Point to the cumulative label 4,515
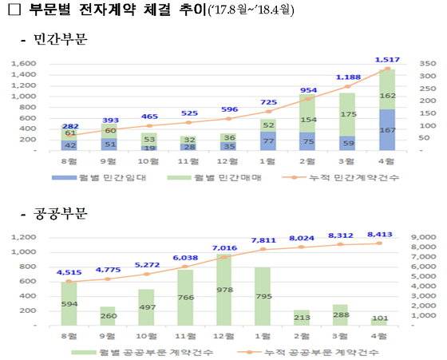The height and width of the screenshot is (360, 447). (66, 272)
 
